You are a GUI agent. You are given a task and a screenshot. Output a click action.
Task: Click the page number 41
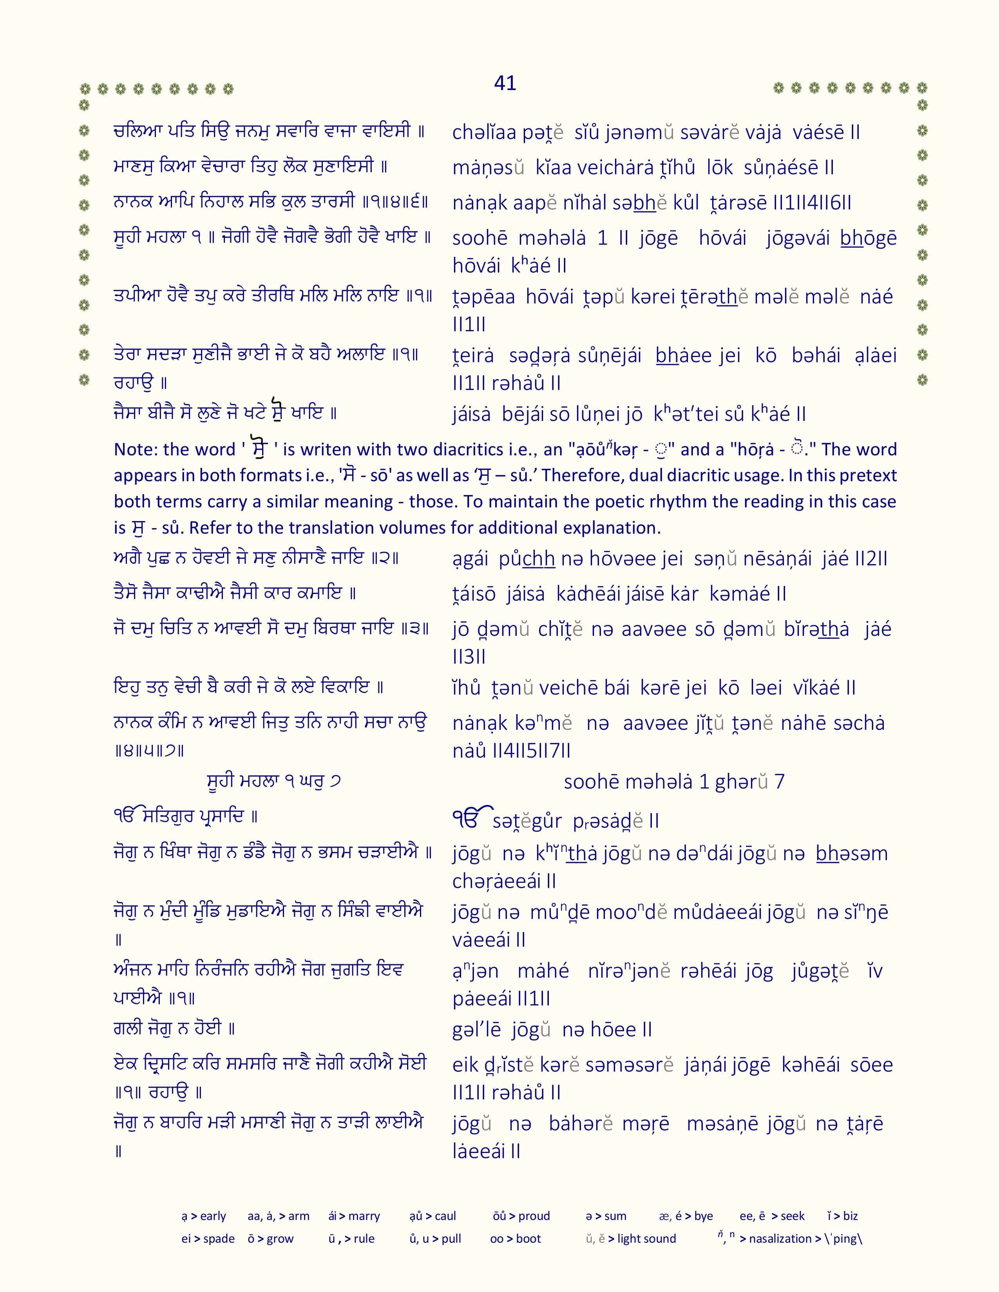(505, 83)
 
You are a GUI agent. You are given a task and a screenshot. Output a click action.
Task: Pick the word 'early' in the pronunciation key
(213, 1216)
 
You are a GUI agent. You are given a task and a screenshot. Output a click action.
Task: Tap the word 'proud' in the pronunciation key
(534, 1216)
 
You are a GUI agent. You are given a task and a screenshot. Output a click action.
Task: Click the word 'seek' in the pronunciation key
(793, 1216)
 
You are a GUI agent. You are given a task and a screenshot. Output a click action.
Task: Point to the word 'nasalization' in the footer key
(780, 1239)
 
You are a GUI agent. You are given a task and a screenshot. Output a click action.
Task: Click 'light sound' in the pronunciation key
(646, 1239)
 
